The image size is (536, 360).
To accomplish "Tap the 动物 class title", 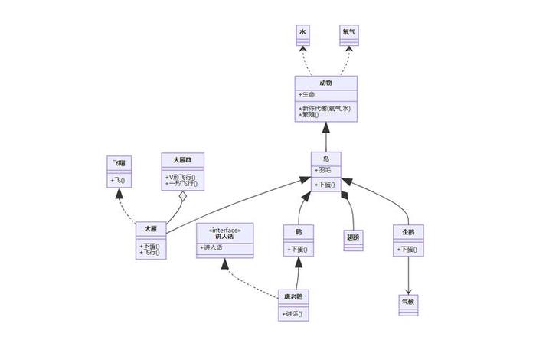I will pos(326,83).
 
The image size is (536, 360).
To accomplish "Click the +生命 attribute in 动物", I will pos(307,94).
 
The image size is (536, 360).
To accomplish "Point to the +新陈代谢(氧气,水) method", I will pos(325,108).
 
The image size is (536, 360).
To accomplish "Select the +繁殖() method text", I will pos(310,115).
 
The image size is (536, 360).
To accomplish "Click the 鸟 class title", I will pos(326,159).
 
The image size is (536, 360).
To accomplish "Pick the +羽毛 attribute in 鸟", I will pos(322,170).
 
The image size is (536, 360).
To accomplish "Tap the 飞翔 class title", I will pos(119,163).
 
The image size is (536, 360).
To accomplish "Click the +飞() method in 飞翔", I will pos(118,181).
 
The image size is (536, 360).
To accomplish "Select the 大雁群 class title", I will pos(181,159).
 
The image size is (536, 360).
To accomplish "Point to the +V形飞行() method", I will pos(181,177).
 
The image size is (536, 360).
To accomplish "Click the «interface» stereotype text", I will pos(224,229).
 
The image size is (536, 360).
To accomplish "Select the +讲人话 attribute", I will pos(212,247).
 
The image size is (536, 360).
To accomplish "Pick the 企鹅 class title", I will pos(407,231).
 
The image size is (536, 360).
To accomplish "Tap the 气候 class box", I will pos(407,302).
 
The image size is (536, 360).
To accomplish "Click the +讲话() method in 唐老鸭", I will pos(293,313).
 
